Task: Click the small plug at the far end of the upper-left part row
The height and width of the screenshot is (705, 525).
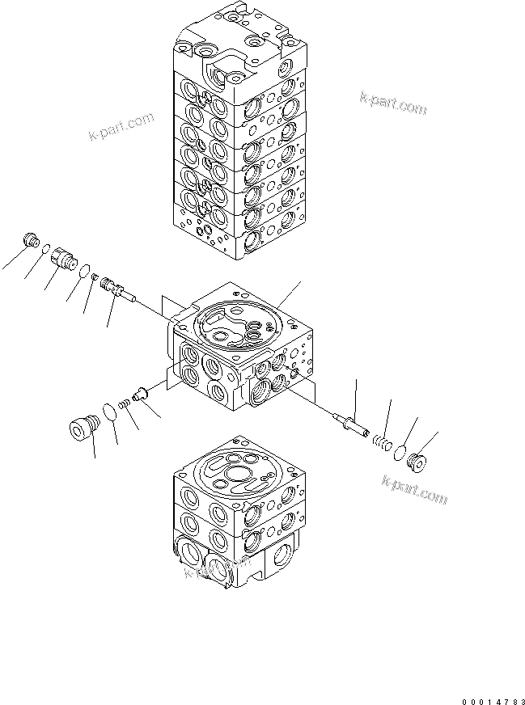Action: pyautogui.click(x=33, y=240)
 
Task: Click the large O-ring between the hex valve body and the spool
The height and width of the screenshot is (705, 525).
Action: pyautogui.click(x=83, y=271)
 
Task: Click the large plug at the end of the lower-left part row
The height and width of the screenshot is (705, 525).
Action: pyautogui.click(x=82, y=428)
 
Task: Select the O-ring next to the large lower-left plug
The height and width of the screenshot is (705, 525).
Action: pyautogui.click(x=109, y=410)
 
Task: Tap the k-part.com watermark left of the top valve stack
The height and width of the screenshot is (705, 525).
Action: pyautogui.click(x=121, y=126)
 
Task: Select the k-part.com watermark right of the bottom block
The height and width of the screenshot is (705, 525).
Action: pyautogui.click(x=413, y=488)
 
